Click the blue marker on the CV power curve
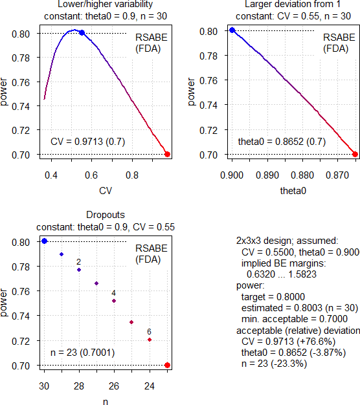82,32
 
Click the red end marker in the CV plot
167,154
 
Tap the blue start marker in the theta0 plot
232,30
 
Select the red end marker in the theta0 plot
355,154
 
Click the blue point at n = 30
44,241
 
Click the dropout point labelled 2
79,270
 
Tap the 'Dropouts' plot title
104,215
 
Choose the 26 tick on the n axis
114,386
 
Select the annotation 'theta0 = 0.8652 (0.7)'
282,141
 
